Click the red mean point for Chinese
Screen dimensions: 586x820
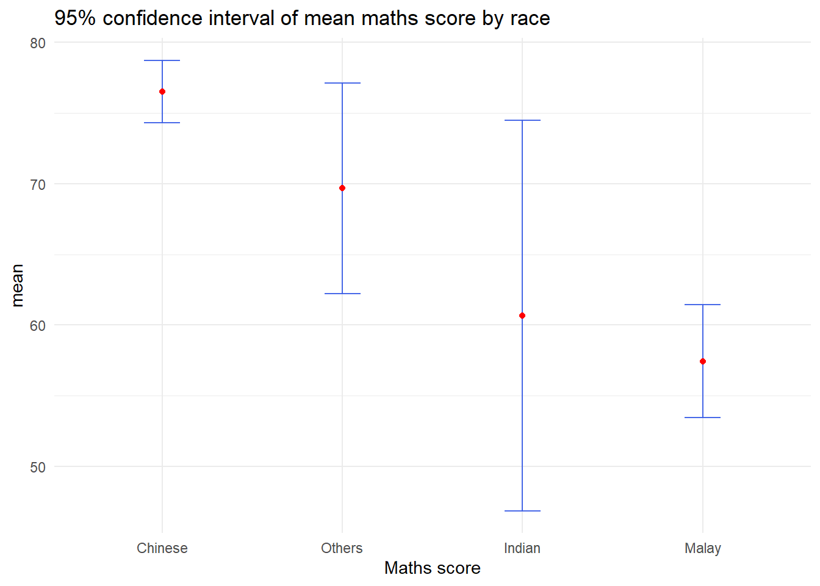162,92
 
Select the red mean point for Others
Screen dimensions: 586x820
342,188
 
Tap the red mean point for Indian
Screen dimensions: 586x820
522,316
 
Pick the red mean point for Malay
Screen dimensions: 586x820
703,361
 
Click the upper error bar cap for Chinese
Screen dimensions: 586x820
162,60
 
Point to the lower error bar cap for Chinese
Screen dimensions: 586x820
162,123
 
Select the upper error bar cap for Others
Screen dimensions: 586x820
342,83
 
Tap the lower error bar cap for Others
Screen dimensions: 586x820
342,294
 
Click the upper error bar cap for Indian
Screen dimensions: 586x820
522,120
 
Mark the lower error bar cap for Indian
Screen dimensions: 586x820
522,511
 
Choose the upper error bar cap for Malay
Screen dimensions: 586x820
703,305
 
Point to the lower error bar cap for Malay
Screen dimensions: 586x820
703,418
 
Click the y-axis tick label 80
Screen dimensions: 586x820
38,43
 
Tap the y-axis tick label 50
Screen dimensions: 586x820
38,468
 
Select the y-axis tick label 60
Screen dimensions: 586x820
38,326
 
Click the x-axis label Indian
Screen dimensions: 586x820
522,548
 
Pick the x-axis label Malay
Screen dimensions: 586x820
703,548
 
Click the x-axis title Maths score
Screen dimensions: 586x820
433,568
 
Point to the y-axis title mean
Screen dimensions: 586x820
17,285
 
